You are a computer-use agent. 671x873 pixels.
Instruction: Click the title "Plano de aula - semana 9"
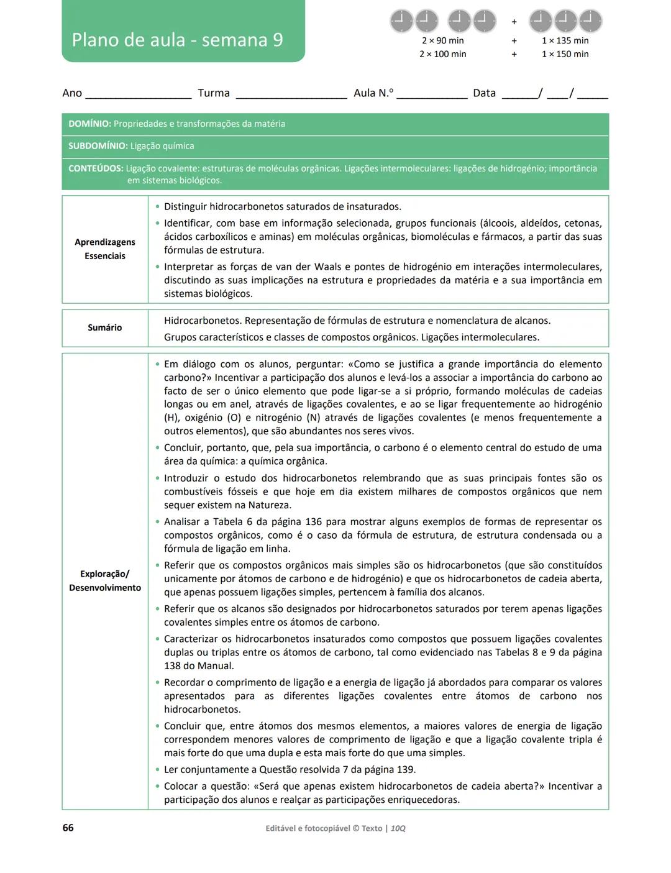tap(177, 40)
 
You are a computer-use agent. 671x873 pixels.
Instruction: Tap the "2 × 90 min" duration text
tap(442, 40)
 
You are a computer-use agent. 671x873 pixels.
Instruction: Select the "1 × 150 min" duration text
tap(565, 54)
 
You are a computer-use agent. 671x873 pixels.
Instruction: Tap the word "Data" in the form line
tap(484, 93)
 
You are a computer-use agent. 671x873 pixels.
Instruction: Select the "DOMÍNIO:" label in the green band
tap(89, 124)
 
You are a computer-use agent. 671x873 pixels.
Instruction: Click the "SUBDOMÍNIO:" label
tap(98, 146)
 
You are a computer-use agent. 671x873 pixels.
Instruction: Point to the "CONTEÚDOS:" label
tap(96, 168)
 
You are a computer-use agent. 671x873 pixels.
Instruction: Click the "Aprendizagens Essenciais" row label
tap(105, 249)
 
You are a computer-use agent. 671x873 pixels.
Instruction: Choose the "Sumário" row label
tap(105, 327)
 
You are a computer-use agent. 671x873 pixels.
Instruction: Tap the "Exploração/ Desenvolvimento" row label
tap(105, 581)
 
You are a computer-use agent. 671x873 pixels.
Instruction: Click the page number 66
tap(68, 828)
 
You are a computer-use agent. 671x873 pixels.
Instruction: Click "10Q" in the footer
tap(398, 828)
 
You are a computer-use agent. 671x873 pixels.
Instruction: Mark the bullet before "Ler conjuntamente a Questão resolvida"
tap(157, 769)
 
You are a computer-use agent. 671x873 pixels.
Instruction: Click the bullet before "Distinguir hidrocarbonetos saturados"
tap(157, 206)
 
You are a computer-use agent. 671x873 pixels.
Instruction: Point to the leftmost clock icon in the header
tap(401, 21)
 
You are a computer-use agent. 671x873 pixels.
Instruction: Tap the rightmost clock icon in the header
tap(590, 21)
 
